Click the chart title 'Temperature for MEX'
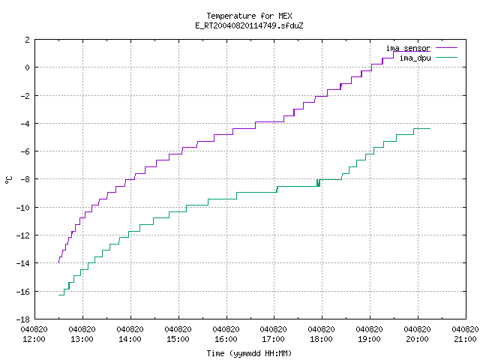(x=249, y=16)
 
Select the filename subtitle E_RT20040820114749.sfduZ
(x=249, y=25)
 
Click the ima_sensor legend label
(x=408, y=48)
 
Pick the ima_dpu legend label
(x=415, y=58)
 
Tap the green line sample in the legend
(x=446, y=57)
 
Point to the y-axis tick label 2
(x=28, y=40)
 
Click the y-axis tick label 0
(x=28, y=67)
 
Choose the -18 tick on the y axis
(x=23, y=319)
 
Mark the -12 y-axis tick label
(x=23, y=235)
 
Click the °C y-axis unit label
(x=9, y=180)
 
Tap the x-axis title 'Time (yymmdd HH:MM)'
(x=249, y=353)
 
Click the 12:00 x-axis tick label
(x=34, y=339)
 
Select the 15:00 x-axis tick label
(x=178, y=339)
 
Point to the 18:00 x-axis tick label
(x=322, y=339)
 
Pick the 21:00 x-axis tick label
(x=465, y=339)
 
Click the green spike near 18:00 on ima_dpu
(x=318, y=182)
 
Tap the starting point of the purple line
(x=58, y=262)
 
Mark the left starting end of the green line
(x=58, y=295)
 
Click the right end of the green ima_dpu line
(x=430, y=128)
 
